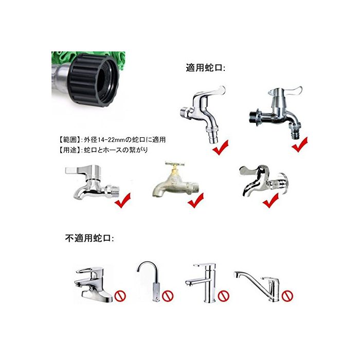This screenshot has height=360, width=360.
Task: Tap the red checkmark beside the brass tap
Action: pyautogui.click(x=196, y=201)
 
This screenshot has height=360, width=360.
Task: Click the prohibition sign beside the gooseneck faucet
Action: pyautogui.click(x=168, y=296)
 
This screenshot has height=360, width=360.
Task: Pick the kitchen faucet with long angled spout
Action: pyautogui.click(x=257, y=285)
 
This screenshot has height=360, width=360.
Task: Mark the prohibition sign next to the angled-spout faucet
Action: pyautogui.click(x=287, y=296)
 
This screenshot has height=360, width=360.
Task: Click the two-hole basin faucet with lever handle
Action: pyautogui.click(x=93, y=285)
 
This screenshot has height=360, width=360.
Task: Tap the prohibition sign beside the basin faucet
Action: pyautogui.click(x=120, y=296)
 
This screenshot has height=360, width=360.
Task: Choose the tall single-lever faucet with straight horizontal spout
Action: pyautogui.click(x=202, y=282)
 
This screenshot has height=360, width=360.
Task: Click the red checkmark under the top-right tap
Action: pyautogui.click(x=300, y=145)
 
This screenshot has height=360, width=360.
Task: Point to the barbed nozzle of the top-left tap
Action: pyautogui.click(x=212, y=137)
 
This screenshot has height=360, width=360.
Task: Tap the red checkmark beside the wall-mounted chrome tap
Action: pyautogui.click(x=271, y=201)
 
